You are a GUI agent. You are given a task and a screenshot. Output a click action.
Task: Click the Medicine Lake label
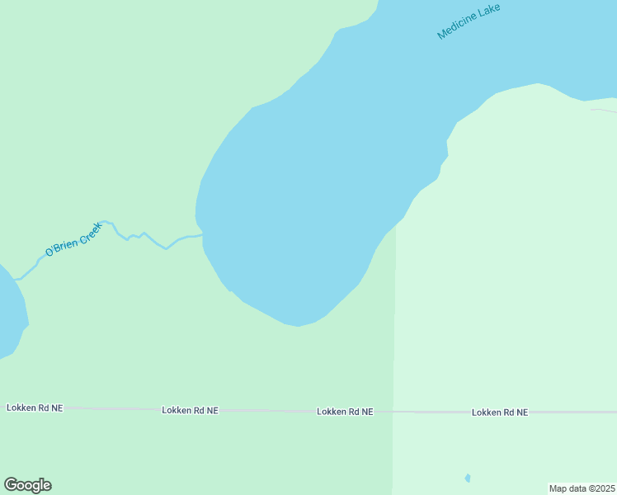pyautogui.click(x=469, y=21)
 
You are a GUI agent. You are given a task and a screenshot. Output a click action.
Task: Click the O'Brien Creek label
pyautogui.click(x=73, y=239)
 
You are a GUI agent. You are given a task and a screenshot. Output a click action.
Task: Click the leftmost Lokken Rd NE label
pyautogui.click(x=35, y=408)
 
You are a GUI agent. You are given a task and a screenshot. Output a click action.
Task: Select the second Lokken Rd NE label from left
pyautogui.click(x=190, y=410)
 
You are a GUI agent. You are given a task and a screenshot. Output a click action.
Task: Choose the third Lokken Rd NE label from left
pyautogui.click(x=345, y=411)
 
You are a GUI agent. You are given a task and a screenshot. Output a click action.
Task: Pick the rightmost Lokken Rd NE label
pyautogui.click(x=500, y=412)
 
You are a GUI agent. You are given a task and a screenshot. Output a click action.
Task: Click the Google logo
pyautogui.click(x=27, y=485)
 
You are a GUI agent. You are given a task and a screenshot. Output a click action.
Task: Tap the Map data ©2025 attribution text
pyautogui.click(x=582, y=488)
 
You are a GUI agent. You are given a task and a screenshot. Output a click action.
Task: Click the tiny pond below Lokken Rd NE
pyautogui.click(x=468, y=478)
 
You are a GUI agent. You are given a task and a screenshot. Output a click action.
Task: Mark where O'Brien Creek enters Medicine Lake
pyautogui.click(x=202, y=235)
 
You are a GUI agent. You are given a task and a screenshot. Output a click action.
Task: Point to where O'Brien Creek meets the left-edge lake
pyautogui.click(x=16, y=279)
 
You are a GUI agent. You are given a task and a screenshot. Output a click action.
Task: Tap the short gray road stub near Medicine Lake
pyautogui.click(x=603, y=110)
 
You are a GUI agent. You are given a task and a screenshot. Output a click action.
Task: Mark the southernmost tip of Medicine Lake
pyautogui.click(x=298, y=326)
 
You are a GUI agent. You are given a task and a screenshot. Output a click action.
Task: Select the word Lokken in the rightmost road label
pyautogui.click(x=487, y=412)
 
